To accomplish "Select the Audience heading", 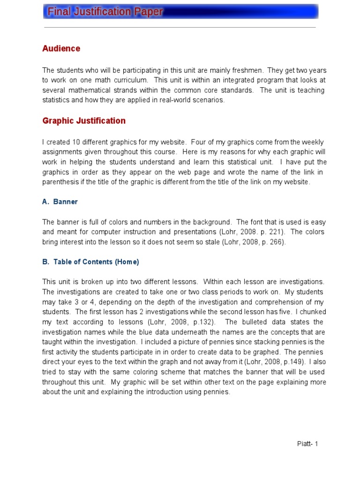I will (61, 49).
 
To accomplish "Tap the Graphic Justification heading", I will (84, 121).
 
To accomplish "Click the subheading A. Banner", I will (60, 202).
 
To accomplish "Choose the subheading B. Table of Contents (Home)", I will (90, 262).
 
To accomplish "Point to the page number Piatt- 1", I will (307, 444).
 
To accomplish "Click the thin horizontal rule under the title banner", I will (180, 27).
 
